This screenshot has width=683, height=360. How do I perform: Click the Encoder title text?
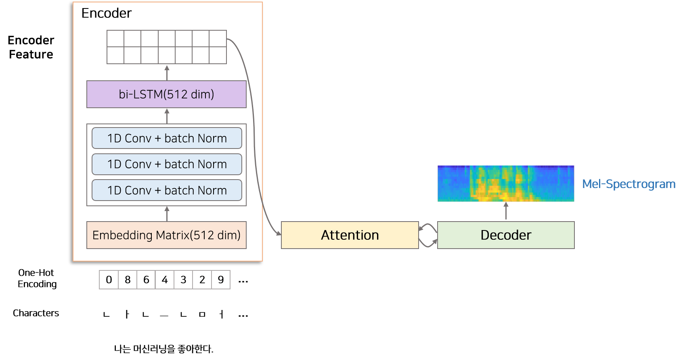coord(106,13)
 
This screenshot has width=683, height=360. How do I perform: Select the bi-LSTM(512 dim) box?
coord(166,94)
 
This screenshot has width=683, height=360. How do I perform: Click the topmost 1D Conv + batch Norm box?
coord(167,138)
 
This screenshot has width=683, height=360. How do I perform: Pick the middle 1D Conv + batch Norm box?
coord(167,164)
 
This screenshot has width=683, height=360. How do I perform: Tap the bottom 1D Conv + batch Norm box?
coord(167,190)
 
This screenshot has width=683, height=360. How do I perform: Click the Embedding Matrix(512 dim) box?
coord(166,235)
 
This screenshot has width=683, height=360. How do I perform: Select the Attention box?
coord(350,235)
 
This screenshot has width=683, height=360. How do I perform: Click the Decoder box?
coord(506,235)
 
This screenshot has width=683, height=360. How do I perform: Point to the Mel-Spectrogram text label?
coord(629,184)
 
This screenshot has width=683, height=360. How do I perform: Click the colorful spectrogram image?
coord(506,183)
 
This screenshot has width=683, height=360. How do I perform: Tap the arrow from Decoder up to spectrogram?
coord(506,211)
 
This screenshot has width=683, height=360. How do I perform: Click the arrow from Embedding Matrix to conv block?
coord(167,213)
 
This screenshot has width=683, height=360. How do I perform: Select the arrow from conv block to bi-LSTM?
coord(167,116)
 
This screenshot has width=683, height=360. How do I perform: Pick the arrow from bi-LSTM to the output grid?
coord(167,73)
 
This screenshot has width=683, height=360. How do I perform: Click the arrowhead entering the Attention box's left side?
coord(278,234)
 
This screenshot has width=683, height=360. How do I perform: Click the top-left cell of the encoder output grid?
coord(115,39)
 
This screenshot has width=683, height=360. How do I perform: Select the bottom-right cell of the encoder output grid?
coord(218,55)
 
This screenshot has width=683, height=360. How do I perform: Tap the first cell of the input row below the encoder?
coord(109,280)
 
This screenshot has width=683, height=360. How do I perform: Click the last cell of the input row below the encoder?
coord(221,280)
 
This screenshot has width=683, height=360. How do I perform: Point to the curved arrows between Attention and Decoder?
coord(428,235)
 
